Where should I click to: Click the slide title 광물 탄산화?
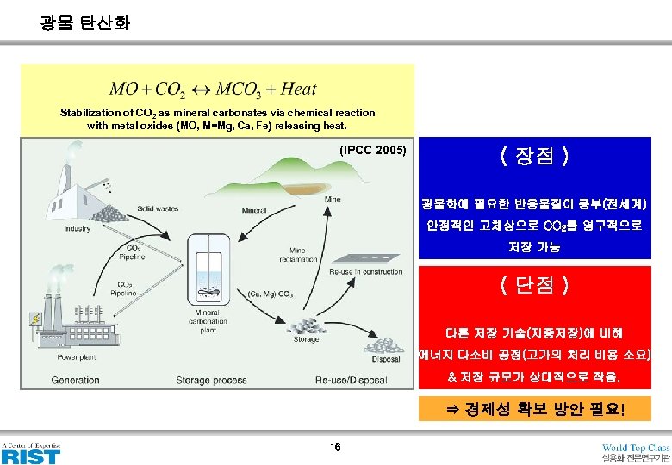tap(85, 23)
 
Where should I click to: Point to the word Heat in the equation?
tap(299, 89)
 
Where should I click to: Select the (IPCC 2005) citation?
tap(373, 150)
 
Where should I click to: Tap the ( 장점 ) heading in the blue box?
tap(533, 157)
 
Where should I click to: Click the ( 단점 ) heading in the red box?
tap(533, 285)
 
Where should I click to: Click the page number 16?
tap(335, 447)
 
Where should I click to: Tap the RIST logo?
tap(31, 454)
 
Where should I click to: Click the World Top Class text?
tap(635, 448)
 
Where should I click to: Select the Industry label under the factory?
tap(77, 229)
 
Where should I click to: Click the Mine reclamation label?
tap(303, 255)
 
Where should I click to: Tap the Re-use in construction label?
tap(365, 272)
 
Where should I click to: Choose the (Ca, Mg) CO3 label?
tap(270, 294)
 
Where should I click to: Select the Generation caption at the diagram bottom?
tap(75, 380)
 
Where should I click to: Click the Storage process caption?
tap(211, 380)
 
